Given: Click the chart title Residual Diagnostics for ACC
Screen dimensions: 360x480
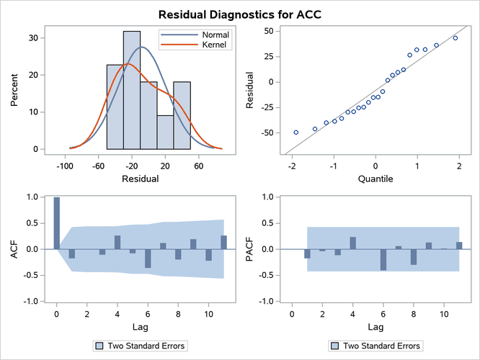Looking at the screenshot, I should point(240,13).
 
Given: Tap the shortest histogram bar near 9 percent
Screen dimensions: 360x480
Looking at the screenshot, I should point(165,132).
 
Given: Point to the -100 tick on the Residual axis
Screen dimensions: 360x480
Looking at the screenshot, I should point(65,163).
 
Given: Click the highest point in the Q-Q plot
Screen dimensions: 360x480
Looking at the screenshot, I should point(455,38).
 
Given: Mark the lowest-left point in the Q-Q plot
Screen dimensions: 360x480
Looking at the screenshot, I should point(296,132).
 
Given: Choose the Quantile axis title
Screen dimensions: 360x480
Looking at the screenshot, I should point(375,178).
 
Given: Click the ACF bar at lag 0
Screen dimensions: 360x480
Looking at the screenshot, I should point(57,223).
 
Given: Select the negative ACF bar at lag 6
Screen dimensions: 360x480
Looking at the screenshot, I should point(148,258).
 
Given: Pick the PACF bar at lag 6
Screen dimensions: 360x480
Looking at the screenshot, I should point(383,260).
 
